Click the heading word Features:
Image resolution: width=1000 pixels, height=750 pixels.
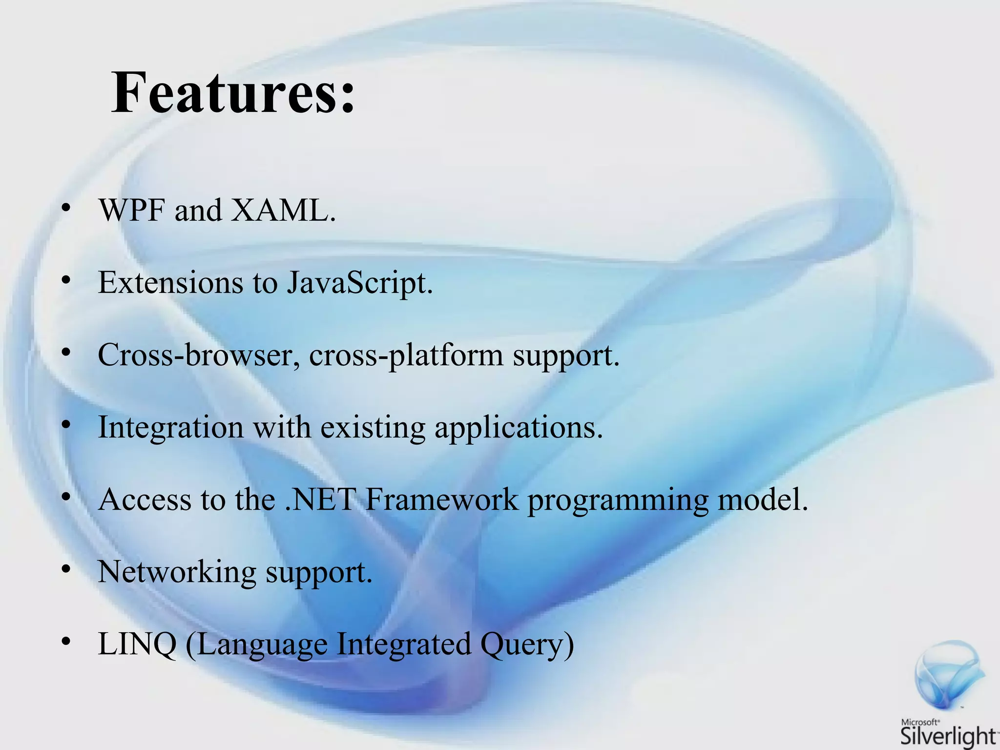(x=233, y=93)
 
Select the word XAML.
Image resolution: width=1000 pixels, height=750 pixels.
(x=283, y=211)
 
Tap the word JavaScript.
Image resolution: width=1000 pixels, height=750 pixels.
(x=359, y=283)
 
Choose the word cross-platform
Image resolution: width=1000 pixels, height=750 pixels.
(x=406, y=355)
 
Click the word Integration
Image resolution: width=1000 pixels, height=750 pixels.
(x=170, y=428)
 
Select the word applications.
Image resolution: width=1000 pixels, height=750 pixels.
(x=519, y=428)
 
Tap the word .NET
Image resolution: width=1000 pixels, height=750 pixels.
(x=320, y=500)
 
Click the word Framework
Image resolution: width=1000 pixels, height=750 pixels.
(x=441, y=500)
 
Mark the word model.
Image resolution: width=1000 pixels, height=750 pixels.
(x=763, y=500)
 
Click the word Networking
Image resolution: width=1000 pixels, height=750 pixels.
(x=177, y=572)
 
